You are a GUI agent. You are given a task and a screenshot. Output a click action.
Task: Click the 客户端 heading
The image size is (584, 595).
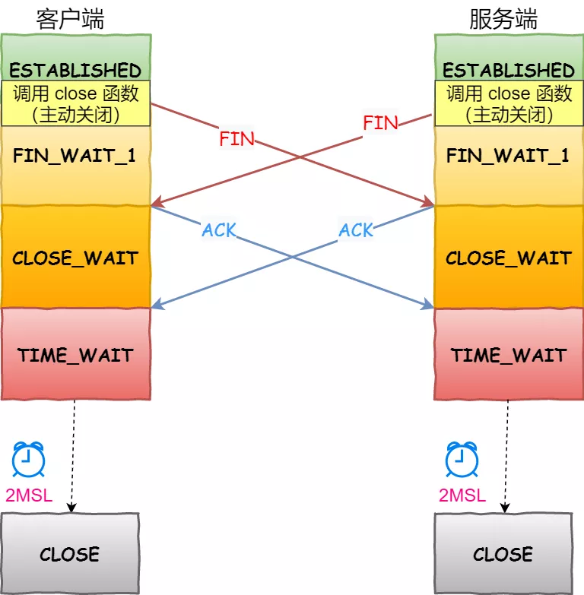click(70, 18)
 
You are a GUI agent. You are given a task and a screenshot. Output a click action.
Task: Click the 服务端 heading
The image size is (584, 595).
click(503, 18)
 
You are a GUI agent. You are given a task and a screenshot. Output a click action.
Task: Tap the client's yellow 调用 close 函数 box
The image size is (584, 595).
click(75, 104)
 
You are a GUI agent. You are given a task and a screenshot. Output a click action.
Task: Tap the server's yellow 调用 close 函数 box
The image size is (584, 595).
click(509, 104)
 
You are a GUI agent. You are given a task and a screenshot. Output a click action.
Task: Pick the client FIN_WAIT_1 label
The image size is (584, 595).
click(75, 156)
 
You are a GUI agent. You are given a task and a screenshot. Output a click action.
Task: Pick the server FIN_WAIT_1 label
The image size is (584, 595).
click(508, 156)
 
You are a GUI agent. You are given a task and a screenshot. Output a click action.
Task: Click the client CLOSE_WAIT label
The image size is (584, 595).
click(75, 257)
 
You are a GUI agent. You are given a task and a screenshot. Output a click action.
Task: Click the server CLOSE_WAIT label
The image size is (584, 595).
click(508, 257)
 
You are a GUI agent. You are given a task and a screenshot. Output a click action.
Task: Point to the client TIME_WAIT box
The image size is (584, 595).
click(75, 354)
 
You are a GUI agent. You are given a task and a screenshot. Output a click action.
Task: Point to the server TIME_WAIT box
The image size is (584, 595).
click(509, 354)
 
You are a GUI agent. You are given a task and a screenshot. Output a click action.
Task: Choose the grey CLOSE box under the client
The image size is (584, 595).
click(70, 552)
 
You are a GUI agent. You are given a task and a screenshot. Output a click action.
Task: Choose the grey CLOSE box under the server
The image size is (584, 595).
click(503, 552)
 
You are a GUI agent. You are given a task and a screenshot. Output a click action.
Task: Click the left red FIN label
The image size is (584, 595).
click(236, 138)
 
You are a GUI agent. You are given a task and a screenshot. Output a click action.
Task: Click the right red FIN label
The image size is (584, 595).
click(380, 123)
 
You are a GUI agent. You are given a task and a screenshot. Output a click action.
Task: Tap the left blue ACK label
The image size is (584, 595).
click(219, 229)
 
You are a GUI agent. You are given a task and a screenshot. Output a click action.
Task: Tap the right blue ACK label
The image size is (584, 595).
click(356, 229)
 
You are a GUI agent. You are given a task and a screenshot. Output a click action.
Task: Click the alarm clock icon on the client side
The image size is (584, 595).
click(29, 460)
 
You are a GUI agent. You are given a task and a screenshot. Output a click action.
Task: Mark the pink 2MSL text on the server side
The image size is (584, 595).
click(462, 495)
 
